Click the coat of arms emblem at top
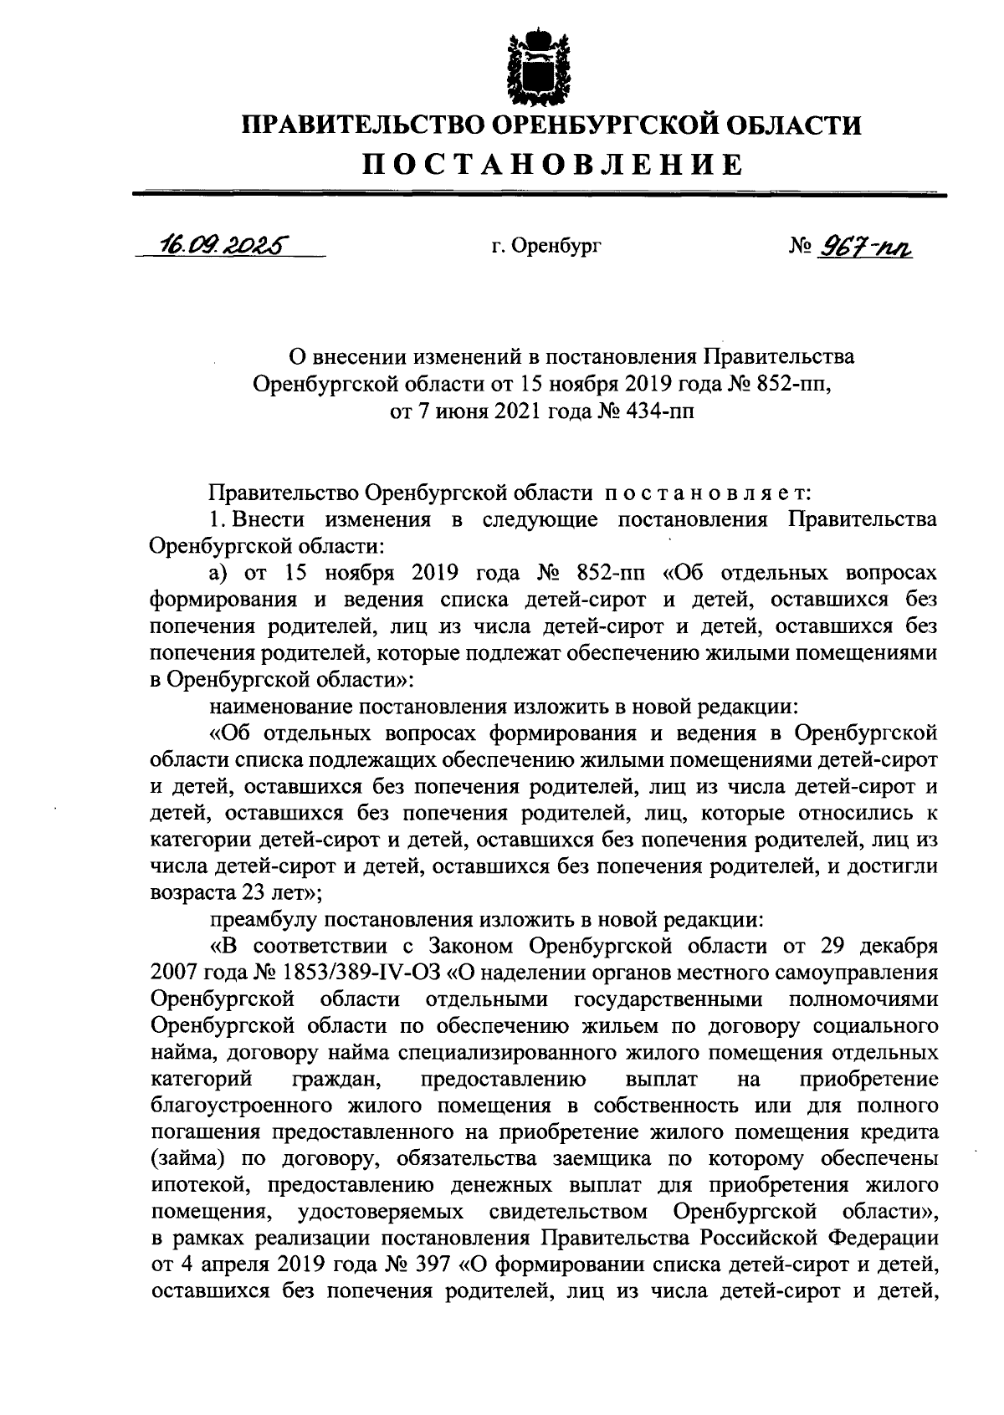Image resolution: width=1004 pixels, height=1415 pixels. (x=550, y=66)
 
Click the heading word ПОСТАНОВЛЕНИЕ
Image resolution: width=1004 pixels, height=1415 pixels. (x=551, y=164)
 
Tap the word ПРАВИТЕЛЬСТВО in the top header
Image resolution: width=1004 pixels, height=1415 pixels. (x=363, y=126)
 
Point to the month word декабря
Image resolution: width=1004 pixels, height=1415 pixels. (x=892, y=947)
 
